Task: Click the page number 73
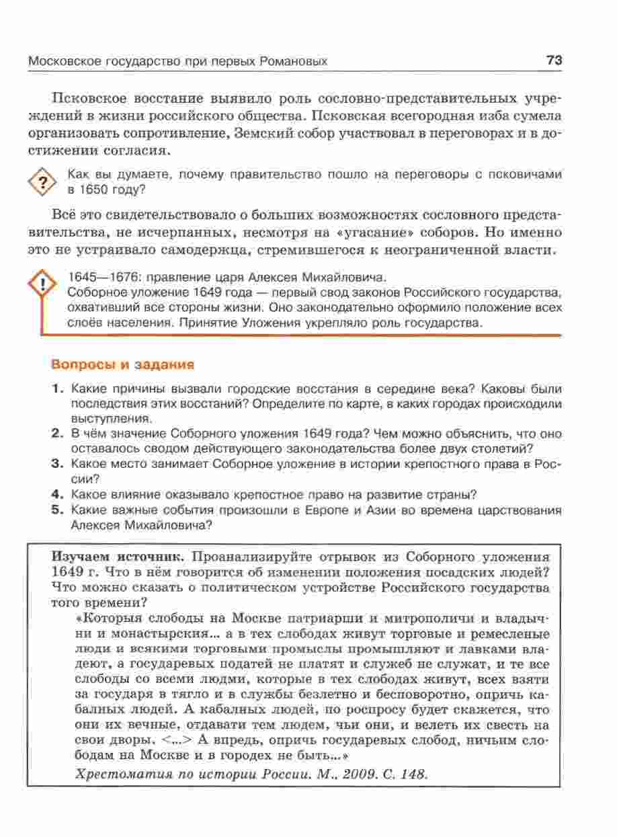pos(554,61)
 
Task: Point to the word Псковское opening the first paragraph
pos(94,98)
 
